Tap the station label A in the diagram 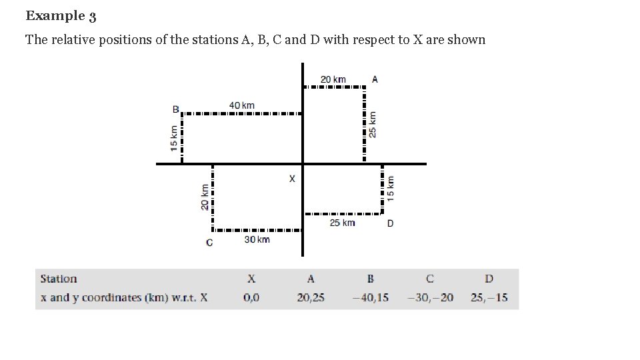pyautogui.click(x=375, y=79)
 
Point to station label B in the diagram pyautogui.click(x=176, y=109)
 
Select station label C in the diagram pyautogui.click(x=209, y=242)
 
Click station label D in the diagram pyautogui.click(x=390, y=223)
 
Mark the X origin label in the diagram pyautogui.click(x=291, y=179)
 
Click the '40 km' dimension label pyautogui.click(x=242, y=105)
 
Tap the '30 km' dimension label pyautogui.click(x=257, y=239)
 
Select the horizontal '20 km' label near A pyautogui.click(x=333, y=79)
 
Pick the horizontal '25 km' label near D pyautogui.click(x=342, y=223)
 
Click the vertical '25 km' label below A pyautogui.click(x=373, y=124)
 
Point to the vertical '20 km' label pyautogui.click(x=204, y=197)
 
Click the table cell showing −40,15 pyautogui.click(x=370, y=297)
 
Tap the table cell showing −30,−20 pyautogui.click(x=430, y=297)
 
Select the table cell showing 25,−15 pyautogui.click(x=489, y=297)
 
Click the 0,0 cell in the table pyautogui.click(x=251, y=297)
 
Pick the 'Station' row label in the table pyautogui.click(x=59, y=279)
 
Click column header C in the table pyautogui.click(x=430, y=279)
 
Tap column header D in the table pyautogui.click(x=489, y=279)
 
